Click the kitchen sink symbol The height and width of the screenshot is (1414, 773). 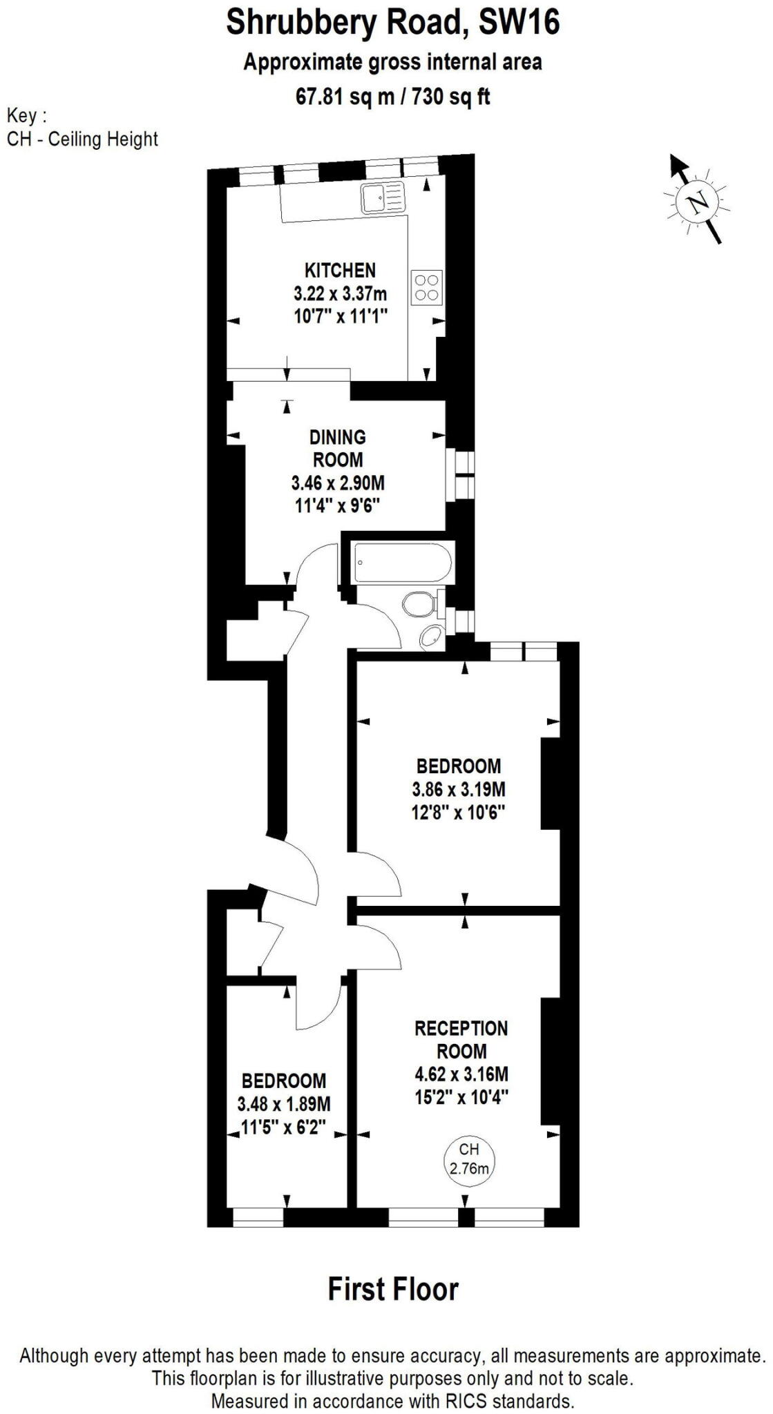coord(379,198)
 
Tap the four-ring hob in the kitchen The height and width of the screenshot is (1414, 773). coord(426,287)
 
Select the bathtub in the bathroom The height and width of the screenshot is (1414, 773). coord(403,563)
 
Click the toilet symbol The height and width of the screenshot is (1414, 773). coord(419,605)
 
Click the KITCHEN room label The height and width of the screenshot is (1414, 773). coord(340,270)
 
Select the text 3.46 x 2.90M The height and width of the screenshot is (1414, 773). coord(338,483)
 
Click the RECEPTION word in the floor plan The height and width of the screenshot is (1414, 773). coord(461,1029)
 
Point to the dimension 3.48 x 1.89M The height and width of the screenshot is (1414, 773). coord(284,1104)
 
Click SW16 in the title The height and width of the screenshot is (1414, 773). coord(519,23)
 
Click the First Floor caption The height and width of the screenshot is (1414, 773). coord(392,1290)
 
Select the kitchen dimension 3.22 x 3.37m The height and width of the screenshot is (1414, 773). coord(340,293)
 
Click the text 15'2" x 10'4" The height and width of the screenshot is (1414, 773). coord(461,1097)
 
